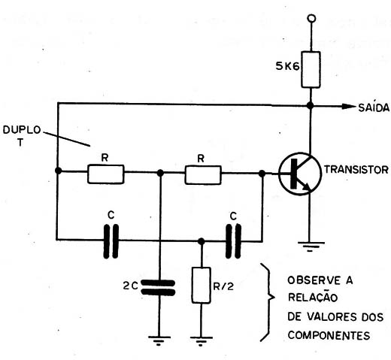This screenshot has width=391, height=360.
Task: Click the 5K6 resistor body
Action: (311, 70)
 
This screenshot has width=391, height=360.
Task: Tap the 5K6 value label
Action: (287, 66)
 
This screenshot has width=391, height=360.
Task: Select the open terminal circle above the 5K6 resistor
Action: (311, 19)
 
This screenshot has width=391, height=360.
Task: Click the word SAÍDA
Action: (374, 107)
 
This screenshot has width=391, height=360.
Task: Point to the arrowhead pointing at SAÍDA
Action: (349, 106)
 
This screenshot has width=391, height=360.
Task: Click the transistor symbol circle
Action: (300, 174)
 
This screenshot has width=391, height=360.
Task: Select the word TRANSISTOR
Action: (356, 170)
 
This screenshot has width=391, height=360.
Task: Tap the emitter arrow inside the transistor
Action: (306, 186)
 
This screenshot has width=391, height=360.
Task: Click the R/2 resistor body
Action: (201, 286)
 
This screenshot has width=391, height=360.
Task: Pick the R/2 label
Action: (223, 286)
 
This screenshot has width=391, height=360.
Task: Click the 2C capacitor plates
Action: (158, 288)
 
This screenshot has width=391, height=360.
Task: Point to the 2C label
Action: (130, 286)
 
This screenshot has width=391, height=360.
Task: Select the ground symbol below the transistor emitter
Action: (311, 247)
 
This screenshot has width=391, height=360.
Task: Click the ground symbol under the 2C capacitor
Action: (159, 340)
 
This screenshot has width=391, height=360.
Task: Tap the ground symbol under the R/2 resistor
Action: (201, 341)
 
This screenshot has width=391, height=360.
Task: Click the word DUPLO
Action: (22, 130)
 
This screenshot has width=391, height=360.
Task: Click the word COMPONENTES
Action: (329, 335)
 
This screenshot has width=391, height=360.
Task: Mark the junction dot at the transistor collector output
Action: (311, 105)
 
